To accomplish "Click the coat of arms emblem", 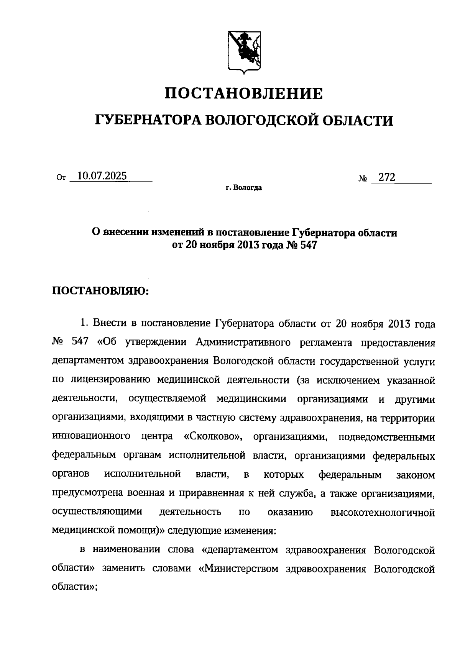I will (244, 50).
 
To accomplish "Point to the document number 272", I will (387, 177).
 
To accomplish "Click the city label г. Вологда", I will (244, 188).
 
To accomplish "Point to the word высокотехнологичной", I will (383, 512).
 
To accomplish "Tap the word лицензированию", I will (108, 380).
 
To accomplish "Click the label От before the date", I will (61, 178).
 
